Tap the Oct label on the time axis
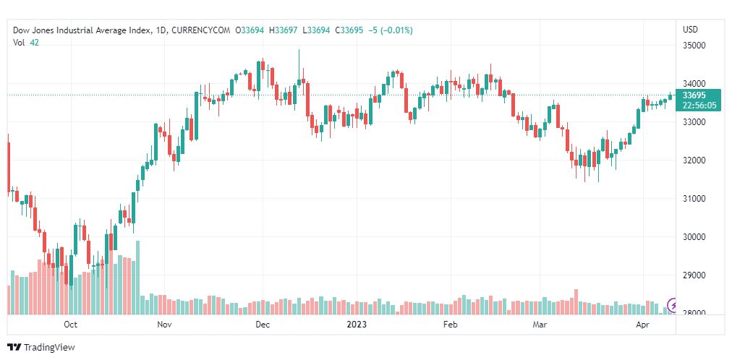pyautogui.click(x=71, y=325)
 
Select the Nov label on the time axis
pyautogui.click(x=164, y=325)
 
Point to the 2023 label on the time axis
pyautogui.click(x=357, y=325)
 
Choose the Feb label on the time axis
pyautogui.click(x=451, y=325)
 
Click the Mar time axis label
pyautogui.click(x=540, y=325)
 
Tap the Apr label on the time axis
pyautogui.click(x=642, y=325)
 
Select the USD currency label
pyautogui.click(x=690, y=30)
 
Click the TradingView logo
pyautogui.click(x=41, y=348)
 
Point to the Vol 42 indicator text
pyautogui.click(x=26, y=43)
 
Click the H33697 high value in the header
pyautogui.click(x=283, y=30)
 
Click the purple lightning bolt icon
pyautogui.click(x=673, y=306)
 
